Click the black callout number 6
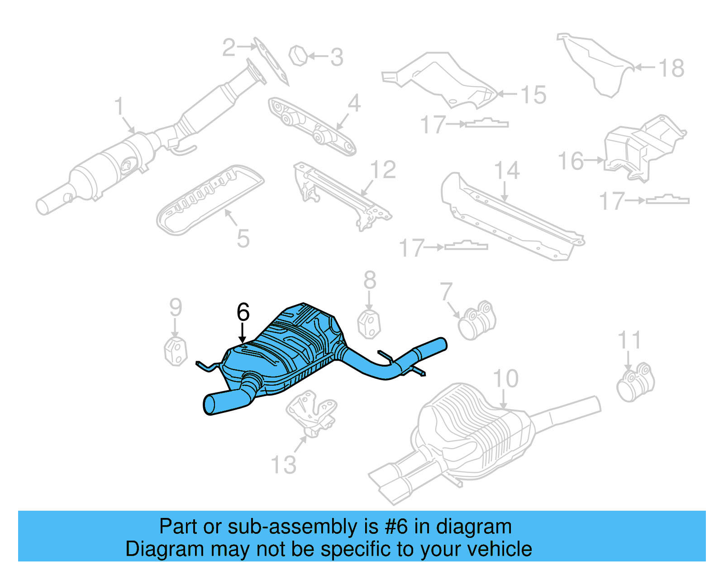243,312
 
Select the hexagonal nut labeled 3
298,56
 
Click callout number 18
671,68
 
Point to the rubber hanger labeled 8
369,324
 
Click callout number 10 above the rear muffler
505,378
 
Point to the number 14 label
506,171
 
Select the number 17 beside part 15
433,125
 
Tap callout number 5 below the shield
243,238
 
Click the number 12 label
383,170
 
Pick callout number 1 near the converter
119,106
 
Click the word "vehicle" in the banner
499,549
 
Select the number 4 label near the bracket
354,103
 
